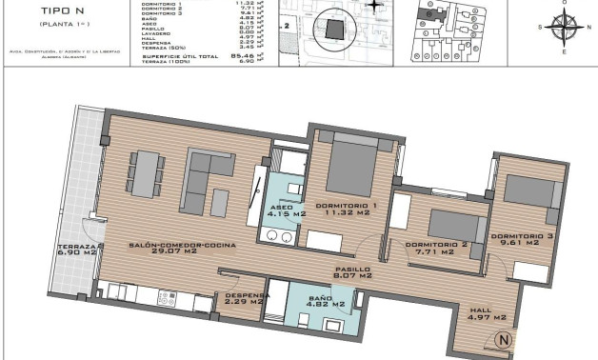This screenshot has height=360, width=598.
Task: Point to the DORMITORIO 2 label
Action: coord(435,244)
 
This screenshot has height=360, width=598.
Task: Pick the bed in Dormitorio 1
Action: coord(352,168)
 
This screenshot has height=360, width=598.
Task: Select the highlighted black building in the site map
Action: coord(332,30)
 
